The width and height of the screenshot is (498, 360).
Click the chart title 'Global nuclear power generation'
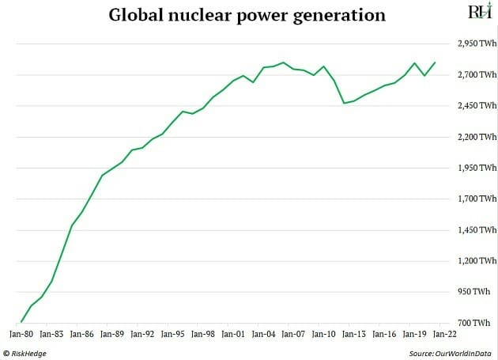tap(247, 15)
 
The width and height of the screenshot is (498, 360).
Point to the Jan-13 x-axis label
tap(353, 334)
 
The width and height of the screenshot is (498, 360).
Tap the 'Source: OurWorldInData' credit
tap(451, 353)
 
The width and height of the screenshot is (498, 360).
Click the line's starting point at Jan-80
tap(21, 322)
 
